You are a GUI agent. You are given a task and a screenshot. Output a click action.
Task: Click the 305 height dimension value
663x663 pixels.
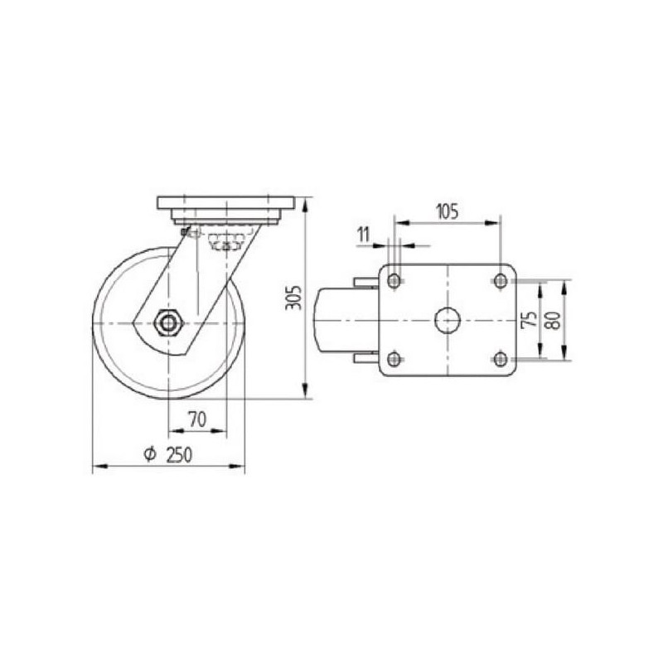click(293, 298)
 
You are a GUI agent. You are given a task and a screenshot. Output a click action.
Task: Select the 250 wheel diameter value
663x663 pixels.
click(179, 455)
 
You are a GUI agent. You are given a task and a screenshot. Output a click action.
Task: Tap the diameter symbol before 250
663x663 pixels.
click(150, 454)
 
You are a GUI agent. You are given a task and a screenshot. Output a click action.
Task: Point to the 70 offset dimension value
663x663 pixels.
click(197, 419)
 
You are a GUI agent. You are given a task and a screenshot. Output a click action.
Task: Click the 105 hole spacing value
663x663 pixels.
click(447, 211)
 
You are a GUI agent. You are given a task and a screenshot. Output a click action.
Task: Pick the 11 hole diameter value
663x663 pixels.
click(364, 235)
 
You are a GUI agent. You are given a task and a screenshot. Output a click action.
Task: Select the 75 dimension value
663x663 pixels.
click(530, 319)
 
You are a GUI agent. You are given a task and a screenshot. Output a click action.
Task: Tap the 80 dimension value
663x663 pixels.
click(554, 320)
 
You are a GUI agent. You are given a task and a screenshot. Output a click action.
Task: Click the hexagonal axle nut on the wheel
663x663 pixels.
click(168, 323)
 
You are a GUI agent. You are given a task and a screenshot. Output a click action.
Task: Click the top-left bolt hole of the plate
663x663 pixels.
click(394, 280)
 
